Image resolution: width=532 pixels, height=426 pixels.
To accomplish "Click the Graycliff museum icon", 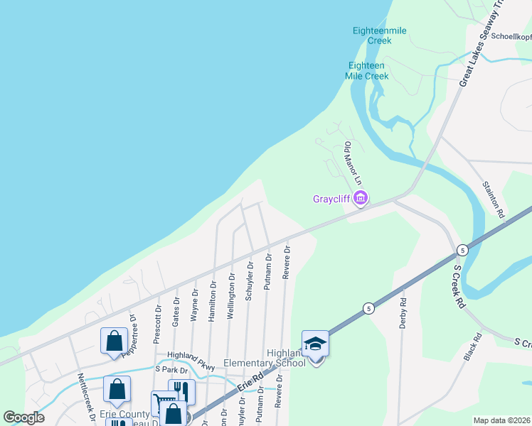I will point(361,198).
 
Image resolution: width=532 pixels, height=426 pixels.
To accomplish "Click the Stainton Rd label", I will point(493,200).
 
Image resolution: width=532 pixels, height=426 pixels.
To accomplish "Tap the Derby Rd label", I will point(403,312).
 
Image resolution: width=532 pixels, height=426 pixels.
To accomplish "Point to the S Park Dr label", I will point(174,371).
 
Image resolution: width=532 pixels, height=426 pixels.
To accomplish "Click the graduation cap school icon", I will point(314,344).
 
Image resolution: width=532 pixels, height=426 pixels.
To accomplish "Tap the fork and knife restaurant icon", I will point(181,390).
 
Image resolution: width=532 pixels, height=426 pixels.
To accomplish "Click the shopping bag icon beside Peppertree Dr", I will point(114,340).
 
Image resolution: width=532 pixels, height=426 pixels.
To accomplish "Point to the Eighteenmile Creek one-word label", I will point(372,35).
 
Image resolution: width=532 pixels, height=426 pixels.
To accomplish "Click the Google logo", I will point(23,417).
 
